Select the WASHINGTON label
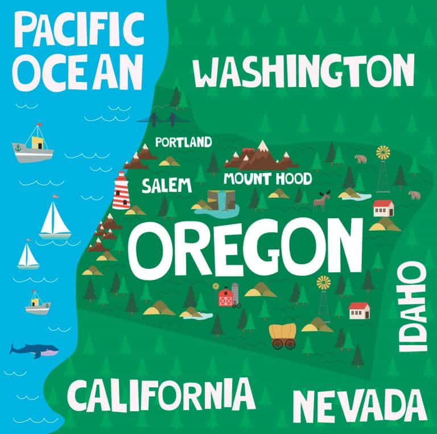(x=303, y=73)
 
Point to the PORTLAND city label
(x=183, y=142)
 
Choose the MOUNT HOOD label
(x=267, y=179)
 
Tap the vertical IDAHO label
(x=412, y=308)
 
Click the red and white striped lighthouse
(x=121, y=190)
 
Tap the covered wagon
(x=283, y=335)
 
